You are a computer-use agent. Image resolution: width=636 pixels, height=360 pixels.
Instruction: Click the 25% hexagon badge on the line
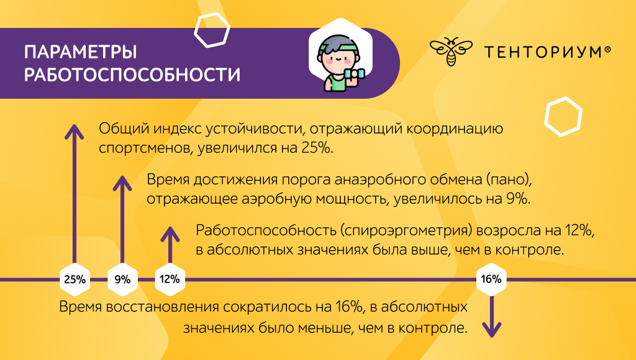[75, 279]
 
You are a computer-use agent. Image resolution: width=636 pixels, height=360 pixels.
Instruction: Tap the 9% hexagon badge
[122, 279]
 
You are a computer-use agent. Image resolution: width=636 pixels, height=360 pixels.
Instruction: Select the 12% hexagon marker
[170, 279]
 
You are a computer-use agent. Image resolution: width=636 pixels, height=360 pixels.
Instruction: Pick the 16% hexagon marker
[491, 279]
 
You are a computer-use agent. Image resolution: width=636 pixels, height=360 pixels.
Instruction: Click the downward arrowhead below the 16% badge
[492, 329]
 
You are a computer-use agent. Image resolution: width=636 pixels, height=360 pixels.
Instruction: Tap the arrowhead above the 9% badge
[122, 183]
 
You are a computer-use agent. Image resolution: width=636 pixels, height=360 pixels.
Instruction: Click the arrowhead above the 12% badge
[170, 234]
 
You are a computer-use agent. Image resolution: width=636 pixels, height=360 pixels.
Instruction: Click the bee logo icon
[451, 52]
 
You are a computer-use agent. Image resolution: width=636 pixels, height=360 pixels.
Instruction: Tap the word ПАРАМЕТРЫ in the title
[81, 52]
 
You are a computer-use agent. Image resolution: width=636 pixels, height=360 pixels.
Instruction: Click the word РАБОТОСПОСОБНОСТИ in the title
[132, 75]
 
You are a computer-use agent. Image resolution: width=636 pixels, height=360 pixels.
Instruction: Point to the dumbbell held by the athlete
[354, 74]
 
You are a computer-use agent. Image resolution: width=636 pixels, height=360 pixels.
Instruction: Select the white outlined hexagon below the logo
[563, 116]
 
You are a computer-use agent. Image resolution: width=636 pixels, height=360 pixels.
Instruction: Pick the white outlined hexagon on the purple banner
[212, 30]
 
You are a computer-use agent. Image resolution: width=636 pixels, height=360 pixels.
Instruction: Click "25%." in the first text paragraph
[317, 148]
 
